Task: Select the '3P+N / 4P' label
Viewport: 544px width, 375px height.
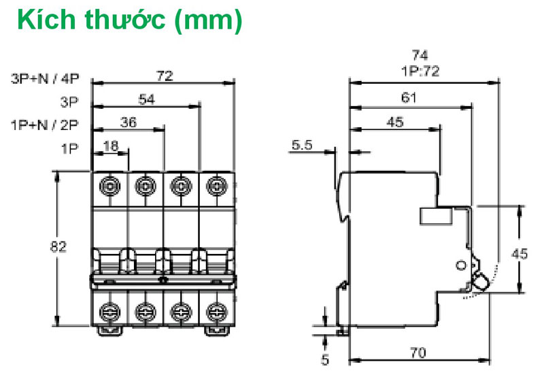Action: [x=46, y=78]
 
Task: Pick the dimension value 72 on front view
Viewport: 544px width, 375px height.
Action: [x=163, y=76]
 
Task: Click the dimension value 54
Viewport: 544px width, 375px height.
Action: [x=146, y=99]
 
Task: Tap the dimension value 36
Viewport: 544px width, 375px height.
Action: [x=128, y=123]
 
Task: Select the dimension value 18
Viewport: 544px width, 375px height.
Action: [x=110, y=145]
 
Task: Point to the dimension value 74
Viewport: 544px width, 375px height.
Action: [x=423, y=54]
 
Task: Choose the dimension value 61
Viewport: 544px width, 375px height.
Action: [x=408, y=98]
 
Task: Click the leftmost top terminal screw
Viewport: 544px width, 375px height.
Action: [x=109, y=184]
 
